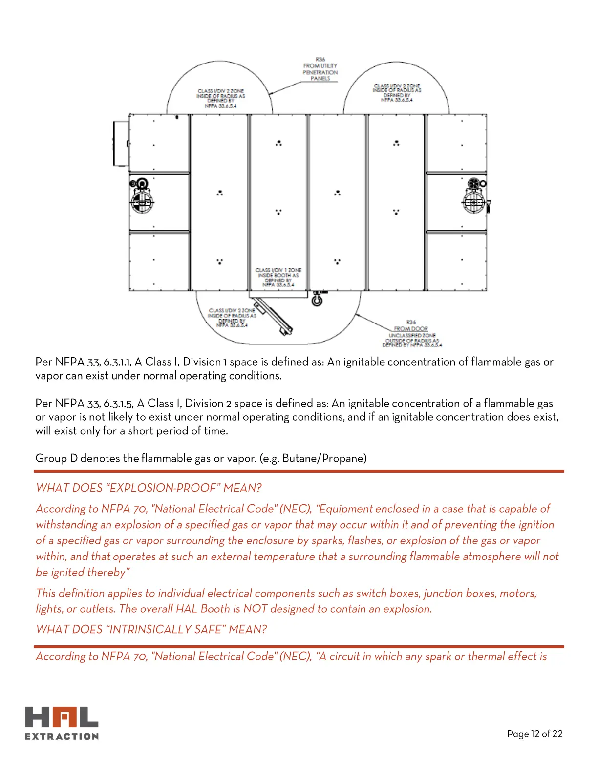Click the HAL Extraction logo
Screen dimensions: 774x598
[x=62, y=723]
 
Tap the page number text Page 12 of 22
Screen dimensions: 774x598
[x=534, y=733]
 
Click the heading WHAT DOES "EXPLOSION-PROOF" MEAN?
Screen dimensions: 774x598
[x=149, y=488]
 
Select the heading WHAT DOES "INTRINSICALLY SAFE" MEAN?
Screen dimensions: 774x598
[x=151, y=629]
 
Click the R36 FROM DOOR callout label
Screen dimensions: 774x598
[x=411, y=325]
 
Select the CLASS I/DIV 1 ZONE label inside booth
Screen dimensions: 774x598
[x=278, y=277]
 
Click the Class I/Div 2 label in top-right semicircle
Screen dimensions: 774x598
[x=397, y=92]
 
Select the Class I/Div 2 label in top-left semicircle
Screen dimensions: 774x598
[x=220, y=98]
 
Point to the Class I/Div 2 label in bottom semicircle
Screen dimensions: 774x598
[x=232, y=318]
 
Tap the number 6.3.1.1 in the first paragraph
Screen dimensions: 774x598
[x=117, y=362]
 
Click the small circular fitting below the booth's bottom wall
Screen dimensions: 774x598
[x=317, y=300]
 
